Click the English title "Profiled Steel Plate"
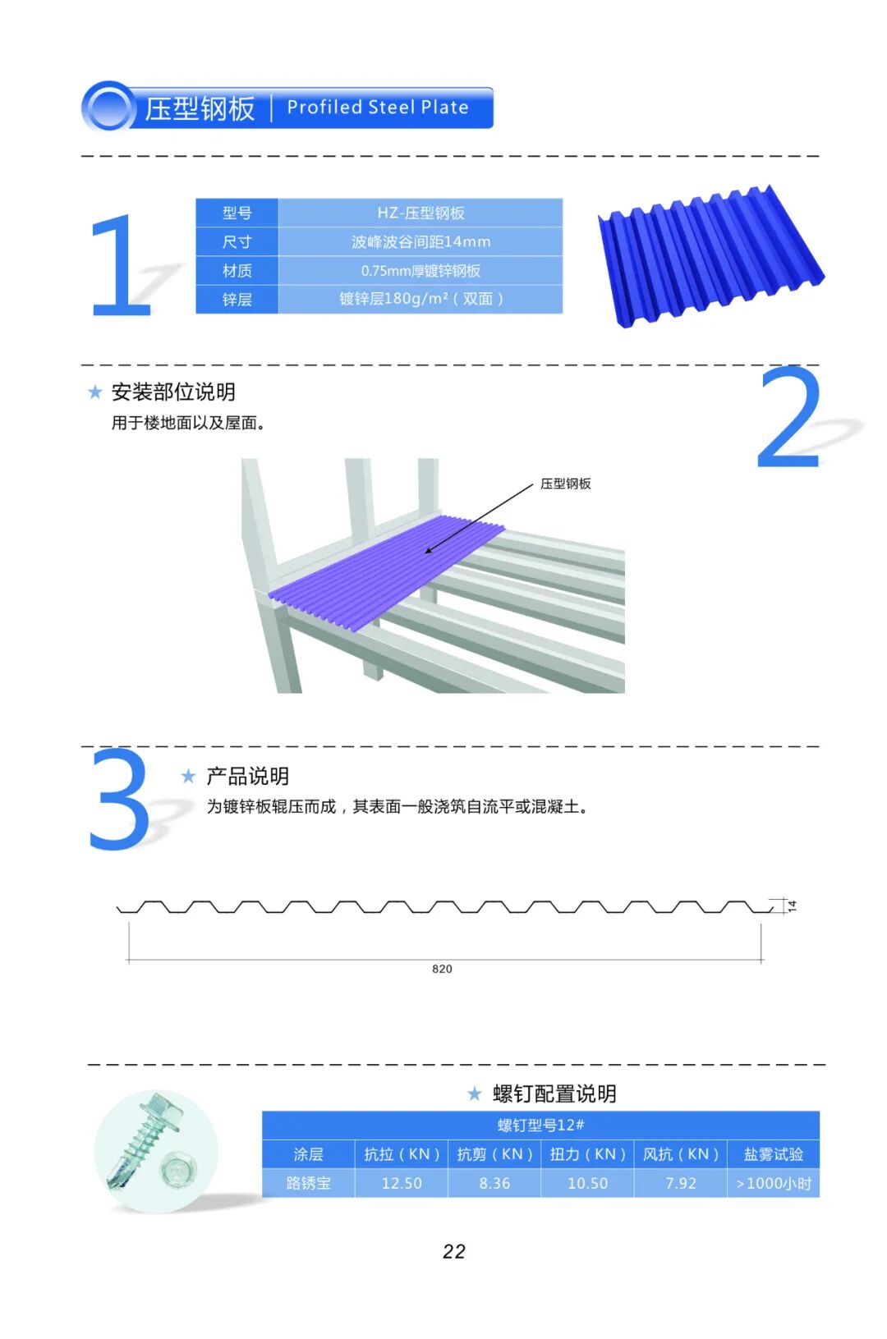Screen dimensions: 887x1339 pos(377,108)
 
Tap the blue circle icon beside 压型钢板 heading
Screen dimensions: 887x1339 pos(108,108)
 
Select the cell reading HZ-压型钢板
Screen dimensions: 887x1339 pos(421,213)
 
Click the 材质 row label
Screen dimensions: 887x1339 pos(237,271)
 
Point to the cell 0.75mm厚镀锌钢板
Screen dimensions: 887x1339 pos(421,271)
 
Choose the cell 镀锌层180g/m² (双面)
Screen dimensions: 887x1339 pos(421,299)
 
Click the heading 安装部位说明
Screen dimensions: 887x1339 pos(173,392)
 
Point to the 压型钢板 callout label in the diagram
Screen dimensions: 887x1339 pos(565,484)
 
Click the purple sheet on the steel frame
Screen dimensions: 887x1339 pos(386,571)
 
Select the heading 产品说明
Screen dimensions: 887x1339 pos(247,776)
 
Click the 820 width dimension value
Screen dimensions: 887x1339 pos(442,969)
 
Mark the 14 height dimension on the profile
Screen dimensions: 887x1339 pos(792,906)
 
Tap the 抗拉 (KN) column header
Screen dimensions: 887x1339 pos(402,1154)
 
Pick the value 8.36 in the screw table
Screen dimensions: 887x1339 pos(494,1183)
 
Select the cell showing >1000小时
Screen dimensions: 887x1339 pos(773,1183)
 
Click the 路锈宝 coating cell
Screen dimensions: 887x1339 pos(308,1183)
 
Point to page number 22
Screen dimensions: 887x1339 pos(453,1251)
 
